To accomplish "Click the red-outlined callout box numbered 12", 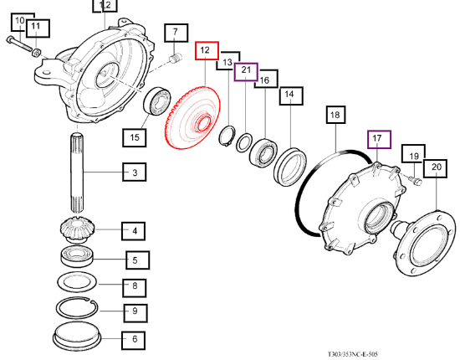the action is tap(207, 50).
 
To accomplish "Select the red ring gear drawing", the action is tap(192, 117).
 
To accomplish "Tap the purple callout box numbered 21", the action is tap(246, 72).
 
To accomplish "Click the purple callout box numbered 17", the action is tap(379, 140).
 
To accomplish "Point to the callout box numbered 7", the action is tap(176, 33).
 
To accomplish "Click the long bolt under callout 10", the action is tap(19, 44).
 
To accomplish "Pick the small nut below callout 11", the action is tap(36, 53).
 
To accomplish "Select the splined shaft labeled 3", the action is tap(77, 172).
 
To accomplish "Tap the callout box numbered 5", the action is tap(138, 260).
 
